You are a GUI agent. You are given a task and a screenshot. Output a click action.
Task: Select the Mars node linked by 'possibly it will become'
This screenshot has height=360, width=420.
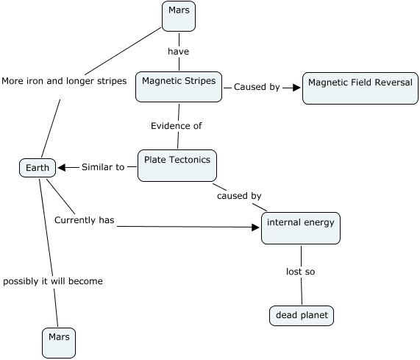[x=58, y=342]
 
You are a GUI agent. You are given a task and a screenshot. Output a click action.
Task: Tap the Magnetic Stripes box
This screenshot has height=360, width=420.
[x=179, y=87]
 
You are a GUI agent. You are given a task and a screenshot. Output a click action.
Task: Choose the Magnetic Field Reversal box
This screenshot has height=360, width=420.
[x=360, y=88]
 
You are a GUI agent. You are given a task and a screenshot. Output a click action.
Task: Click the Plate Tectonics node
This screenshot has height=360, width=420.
[x=177, y=165]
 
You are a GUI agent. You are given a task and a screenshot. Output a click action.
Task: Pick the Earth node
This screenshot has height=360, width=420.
[x=38, y=168]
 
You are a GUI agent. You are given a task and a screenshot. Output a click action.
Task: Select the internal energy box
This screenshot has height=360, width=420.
[x=301, y=228]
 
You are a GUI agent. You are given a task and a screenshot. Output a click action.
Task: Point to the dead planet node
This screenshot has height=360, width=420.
[x=302, y=316]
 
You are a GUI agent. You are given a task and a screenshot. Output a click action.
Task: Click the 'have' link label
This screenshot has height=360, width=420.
[x=179, y=52]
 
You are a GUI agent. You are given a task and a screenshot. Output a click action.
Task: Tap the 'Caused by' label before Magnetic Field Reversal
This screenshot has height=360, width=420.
[x=256, y=87]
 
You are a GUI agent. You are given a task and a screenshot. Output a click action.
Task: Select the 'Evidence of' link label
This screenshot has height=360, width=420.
[x=176, y=126]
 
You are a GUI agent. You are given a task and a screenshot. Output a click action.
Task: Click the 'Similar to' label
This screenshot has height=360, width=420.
[x=102, y=167]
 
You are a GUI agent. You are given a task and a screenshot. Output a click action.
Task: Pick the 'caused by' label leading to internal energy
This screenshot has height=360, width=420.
[x=238, y=196]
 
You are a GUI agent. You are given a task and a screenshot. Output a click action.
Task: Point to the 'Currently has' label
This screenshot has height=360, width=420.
[x=85, y=219]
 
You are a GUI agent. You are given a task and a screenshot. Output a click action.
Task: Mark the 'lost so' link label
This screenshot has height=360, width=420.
[x=300, y=272]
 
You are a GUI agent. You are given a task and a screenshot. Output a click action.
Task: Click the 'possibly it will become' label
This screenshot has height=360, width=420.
[x=52, y=281]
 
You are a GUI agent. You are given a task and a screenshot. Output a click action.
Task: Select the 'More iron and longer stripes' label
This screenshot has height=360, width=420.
[x=64, y=80]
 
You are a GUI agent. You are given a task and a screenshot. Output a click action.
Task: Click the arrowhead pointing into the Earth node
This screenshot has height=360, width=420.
[x=63, y=167]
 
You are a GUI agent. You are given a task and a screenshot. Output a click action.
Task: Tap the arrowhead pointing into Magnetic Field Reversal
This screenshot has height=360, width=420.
[x=296, y=87]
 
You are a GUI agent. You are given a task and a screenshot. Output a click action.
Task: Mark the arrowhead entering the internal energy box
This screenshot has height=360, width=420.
[x=256, y=227]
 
